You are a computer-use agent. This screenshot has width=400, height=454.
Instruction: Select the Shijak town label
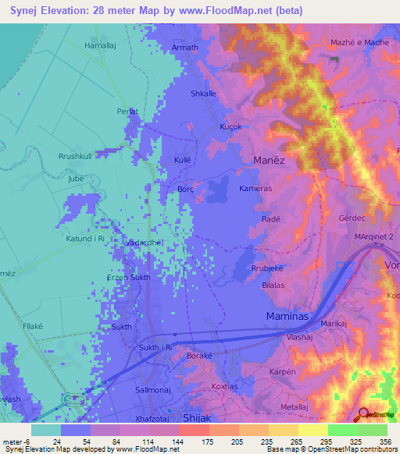click(195, 418)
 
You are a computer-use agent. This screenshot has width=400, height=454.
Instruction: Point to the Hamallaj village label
click(99, 47)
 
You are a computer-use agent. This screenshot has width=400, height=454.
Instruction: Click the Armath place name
click(184, 48)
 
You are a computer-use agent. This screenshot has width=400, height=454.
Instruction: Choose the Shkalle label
click(203, 94)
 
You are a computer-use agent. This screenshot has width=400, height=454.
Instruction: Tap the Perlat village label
click(127, 112)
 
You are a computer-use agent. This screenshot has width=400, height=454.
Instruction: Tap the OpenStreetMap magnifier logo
click(363, 415)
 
